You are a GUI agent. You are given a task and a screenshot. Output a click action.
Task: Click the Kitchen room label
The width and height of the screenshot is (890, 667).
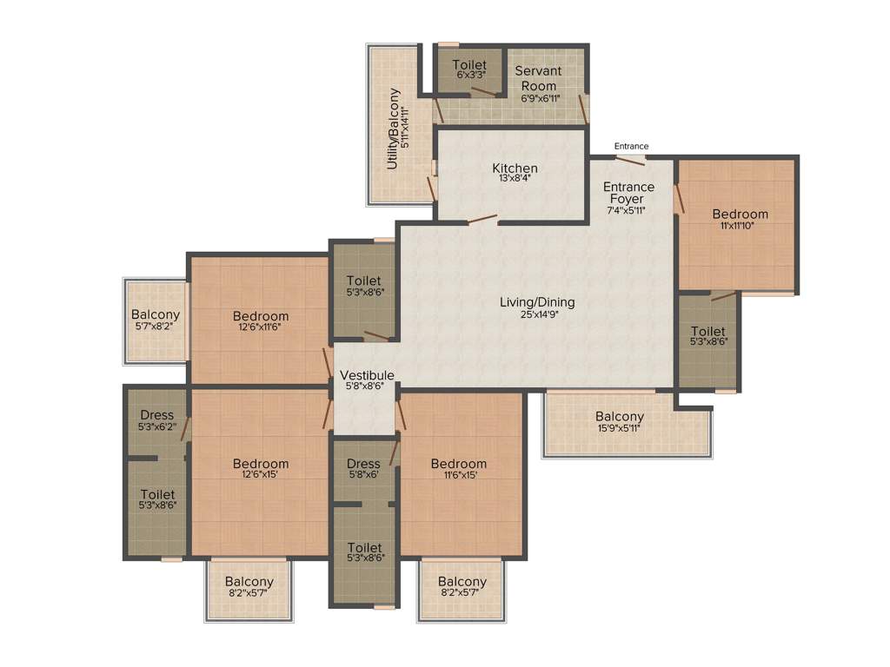515,168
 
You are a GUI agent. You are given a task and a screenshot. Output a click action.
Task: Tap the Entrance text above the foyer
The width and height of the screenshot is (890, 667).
631,146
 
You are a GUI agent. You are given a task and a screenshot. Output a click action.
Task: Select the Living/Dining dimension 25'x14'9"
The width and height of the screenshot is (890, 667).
536,316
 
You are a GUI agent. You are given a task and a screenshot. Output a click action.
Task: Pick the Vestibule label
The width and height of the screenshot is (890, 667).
367,375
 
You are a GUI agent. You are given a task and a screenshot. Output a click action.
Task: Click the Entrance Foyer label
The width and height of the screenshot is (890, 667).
628,193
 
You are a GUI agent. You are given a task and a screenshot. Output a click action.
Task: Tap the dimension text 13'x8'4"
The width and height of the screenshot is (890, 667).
515,179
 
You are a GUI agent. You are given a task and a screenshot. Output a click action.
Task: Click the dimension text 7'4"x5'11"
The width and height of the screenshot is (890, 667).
628,210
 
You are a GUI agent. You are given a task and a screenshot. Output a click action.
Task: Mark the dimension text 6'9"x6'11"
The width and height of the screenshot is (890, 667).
539,98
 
